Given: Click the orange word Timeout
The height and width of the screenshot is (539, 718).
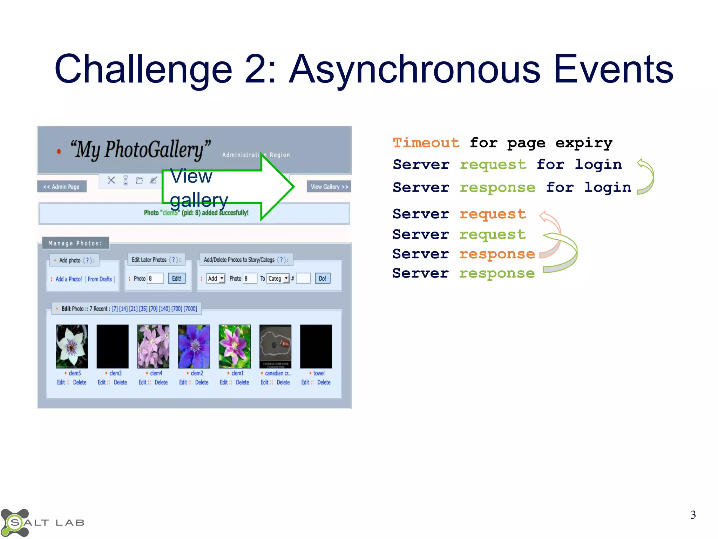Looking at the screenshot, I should click(x=426, y=143).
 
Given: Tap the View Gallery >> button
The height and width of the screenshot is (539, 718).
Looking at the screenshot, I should click(x=329, y=187).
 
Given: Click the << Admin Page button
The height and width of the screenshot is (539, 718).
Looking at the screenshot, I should click(x=61, y=187).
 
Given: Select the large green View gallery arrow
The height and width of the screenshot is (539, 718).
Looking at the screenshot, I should click(x=228, y=187).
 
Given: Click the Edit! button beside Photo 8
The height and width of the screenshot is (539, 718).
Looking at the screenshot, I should click(x=176, y=279).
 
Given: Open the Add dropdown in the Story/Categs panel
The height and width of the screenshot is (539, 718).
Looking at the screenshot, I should click(x=216, y=279).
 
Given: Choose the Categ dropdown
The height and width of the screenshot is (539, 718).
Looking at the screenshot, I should click(x=278, y=279).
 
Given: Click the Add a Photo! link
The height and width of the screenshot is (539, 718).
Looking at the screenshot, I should click(x=69, y=279).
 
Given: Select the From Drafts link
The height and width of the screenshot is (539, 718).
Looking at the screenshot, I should click(x=100, y=279).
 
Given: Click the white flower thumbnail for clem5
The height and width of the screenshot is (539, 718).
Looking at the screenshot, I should click(x=72, y=346).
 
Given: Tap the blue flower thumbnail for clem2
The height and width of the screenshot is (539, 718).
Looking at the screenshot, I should click(x=194, y=346).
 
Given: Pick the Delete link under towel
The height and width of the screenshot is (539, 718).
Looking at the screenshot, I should click(x=324, y=382).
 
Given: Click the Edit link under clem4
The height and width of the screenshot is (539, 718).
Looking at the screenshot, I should click(x=142, y=382).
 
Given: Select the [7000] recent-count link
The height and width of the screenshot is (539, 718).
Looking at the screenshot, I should click(x=190, y=309).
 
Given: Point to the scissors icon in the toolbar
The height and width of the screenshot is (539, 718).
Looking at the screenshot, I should click(x=111, y=180).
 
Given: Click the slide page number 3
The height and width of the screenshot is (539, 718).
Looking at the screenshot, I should click(x=693, y=515).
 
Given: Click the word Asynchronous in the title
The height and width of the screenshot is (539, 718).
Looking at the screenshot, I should click(x=415, y=69).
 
